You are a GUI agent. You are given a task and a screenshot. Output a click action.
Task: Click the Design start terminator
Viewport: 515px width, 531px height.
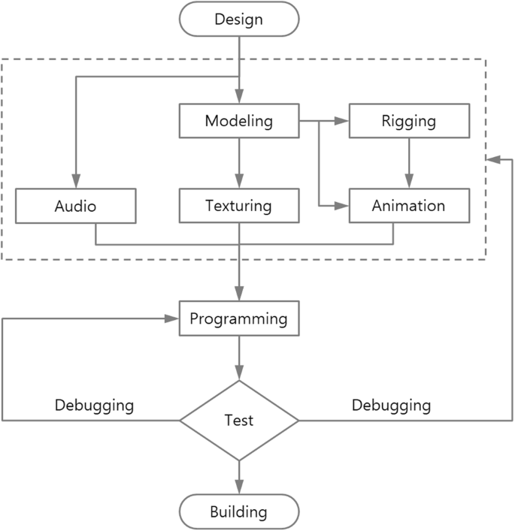(239, 19)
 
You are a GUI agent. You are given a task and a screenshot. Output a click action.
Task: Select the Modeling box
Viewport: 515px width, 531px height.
(239, 121)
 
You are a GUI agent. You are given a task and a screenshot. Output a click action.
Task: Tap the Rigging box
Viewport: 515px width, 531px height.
(409, 121)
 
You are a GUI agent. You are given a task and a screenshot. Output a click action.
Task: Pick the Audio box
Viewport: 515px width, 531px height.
(76, 206)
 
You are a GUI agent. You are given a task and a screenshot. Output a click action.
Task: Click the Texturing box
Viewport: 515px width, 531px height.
(239, 206)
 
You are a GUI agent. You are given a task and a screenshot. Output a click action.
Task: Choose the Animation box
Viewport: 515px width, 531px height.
(409, 206)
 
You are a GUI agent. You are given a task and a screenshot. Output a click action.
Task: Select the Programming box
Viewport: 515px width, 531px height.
(239, 318)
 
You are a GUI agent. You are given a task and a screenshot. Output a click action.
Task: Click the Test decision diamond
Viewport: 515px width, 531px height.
(239, 421)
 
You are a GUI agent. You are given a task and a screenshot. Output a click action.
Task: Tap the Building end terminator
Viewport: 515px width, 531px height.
(239, 512)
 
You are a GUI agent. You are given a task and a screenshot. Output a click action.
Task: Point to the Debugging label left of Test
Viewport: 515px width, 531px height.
(94, 406)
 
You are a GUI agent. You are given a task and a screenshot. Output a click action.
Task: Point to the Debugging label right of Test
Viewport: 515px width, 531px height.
(391, 406)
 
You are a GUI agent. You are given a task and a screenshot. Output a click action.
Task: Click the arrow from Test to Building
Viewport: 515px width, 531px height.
(239, 478)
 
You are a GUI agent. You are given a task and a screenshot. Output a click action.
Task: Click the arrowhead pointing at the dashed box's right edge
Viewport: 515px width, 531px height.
(492, 158)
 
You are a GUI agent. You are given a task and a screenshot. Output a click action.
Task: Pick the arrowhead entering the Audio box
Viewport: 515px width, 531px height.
(76, 183)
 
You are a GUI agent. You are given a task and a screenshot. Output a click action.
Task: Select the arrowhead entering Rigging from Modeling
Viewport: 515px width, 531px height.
(344, 121)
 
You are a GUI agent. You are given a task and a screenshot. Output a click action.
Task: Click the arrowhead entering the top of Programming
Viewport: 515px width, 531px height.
(239, 295)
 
